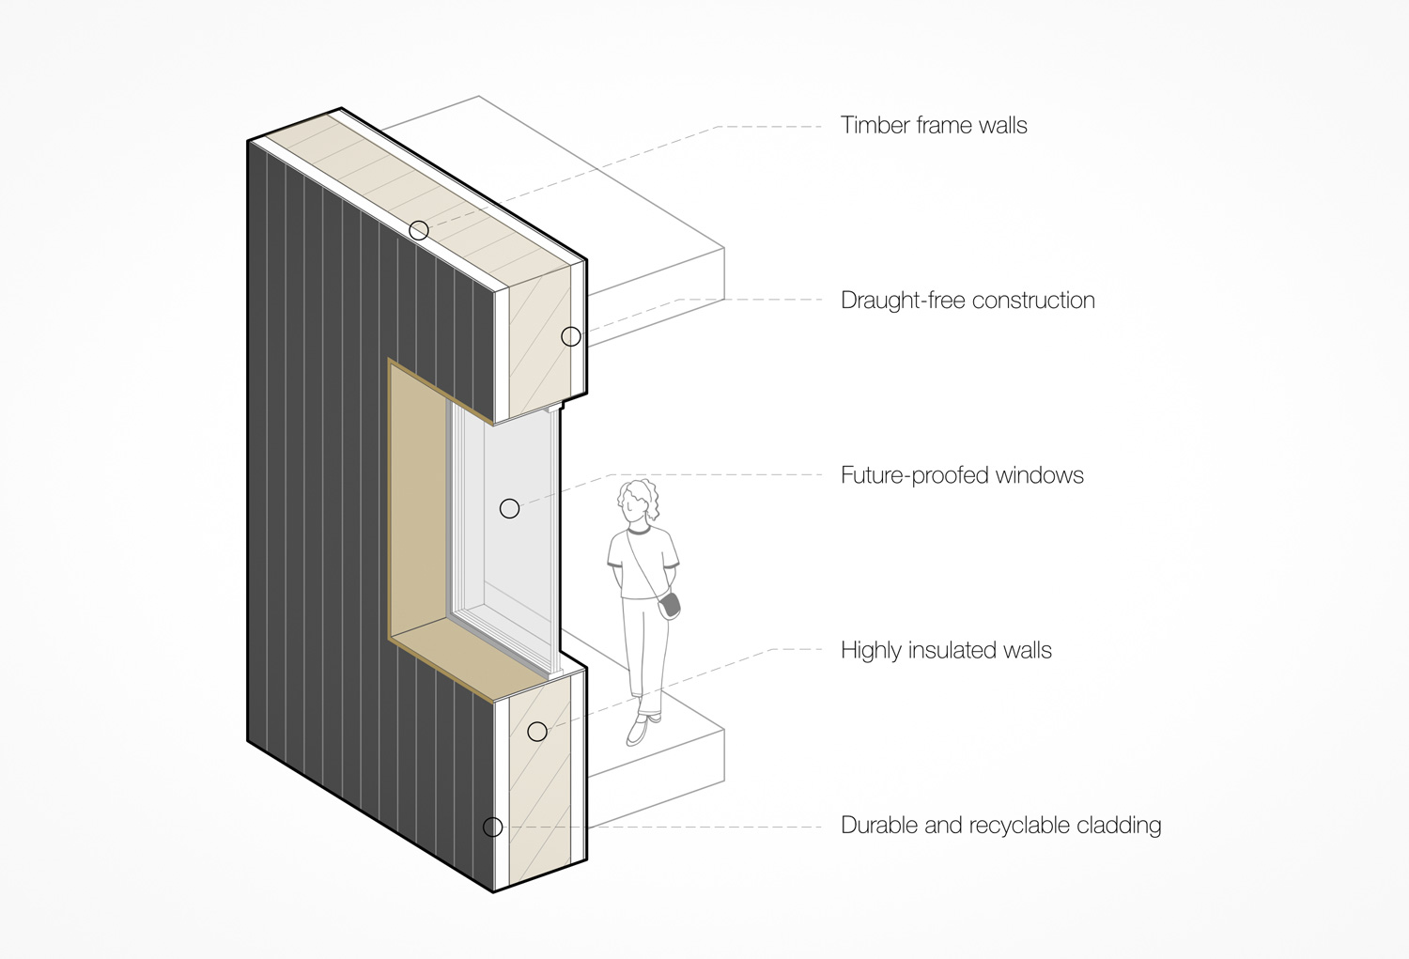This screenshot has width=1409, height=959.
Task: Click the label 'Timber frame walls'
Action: click(934, 126)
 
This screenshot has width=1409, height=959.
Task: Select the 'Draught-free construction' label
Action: click(968, 301)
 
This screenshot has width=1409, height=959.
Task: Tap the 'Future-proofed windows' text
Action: click(962, 475)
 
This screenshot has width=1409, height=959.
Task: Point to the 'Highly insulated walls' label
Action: click(946, 650)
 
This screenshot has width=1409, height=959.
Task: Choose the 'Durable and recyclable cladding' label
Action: click(1000, 826)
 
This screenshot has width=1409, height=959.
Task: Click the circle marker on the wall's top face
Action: click(419, 230)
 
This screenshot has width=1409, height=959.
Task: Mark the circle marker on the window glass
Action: click(509, 508)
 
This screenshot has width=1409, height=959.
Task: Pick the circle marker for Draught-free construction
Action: click(571, 336)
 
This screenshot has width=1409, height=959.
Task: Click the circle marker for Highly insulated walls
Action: click(537, 731)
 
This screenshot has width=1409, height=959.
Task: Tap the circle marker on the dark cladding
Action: click(492, 827)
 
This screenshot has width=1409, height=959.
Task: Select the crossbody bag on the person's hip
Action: click(670, 606)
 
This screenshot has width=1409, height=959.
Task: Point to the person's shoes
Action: click(643, 728)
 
